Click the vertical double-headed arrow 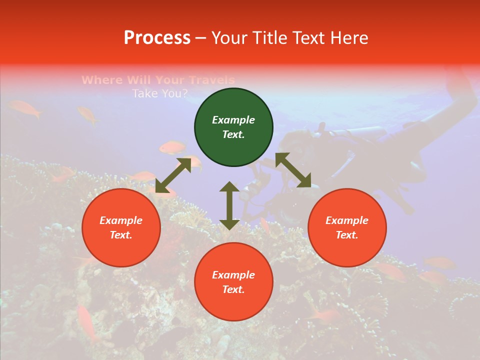pyautogui.click(x=229, y=205)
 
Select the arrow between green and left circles pyautogui.click(x=173, y=175)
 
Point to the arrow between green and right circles pyautogui.click(x=293, y=170)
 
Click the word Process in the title pyautogui.click(x=157, y=38)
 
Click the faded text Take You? pyautogui.click(x=160, y=93)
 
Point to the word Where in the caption pyautogui.click(x=102, y=80)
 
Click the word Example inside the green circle pyautogui.click(x=233, y=120)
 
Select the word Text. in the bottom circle pyautogui.click(x=233, y=289)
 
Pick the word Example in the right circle pyautogui.click(x=347, y=220)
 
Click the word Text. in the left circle pyautogui.click(x=121, y=235)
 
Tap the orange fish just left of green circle pyautogui.click(x=173, y=147)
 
